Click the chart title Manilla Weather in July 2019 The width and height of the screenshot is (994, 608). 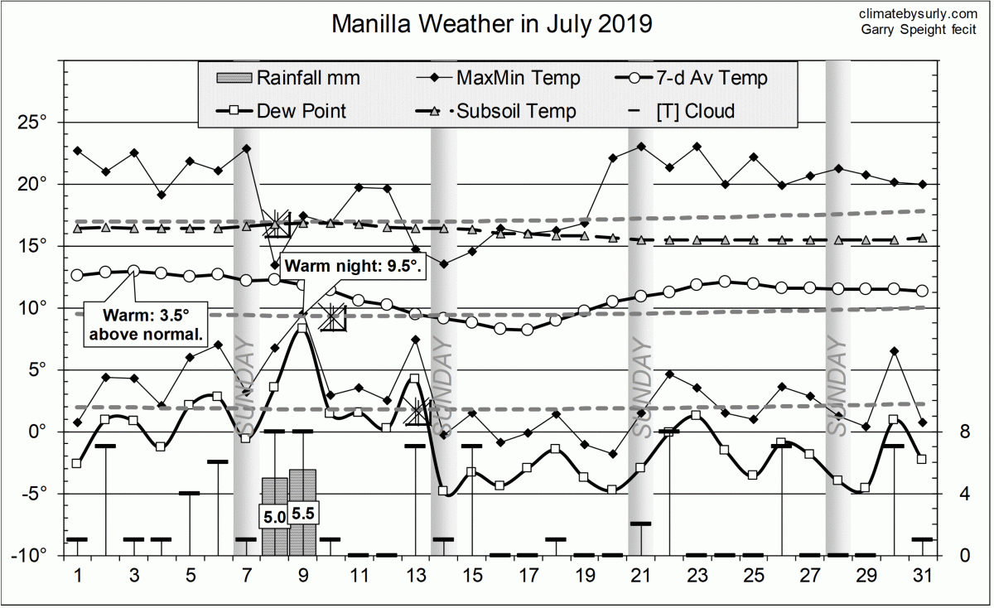point(492,24)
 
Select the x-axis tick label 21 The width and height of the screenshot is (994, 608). point(638,576)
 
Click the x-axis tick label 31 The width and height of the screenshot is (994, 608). point(922,576)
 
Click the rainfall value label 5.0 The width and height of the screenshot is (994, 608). point(274,517)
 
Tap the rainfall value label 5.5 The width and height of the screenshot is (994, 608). point(303,514)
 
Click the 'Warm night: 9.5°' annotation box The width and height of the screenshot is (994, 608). point(354,268)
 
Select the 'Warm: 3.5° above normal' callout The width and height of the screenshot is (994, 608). point(146,325)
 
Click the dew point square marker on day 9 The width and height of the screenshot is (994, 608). point(302,328)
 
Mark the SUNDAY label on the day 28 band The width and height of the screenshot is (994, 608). point(838,389)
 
